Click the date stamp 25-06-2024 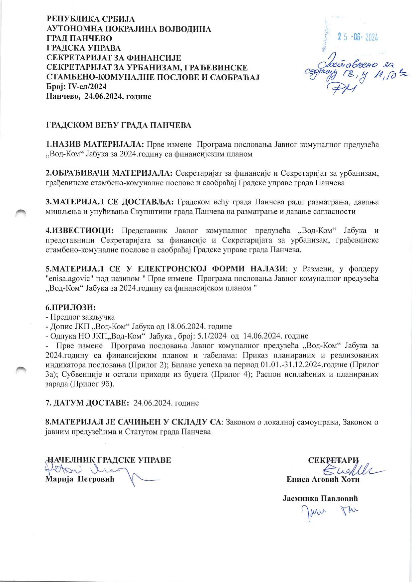coord(358,37)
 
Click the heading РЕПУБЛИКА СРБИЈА coord(90,19)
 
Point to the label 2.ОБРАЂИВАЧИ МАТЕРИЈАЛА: coord(109,173)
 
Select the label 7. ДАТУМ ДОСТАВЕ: coord(87,403)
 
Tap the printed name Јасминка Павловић coord(320,499)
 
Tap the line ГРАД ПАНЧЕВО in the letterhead coord(79,39)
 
